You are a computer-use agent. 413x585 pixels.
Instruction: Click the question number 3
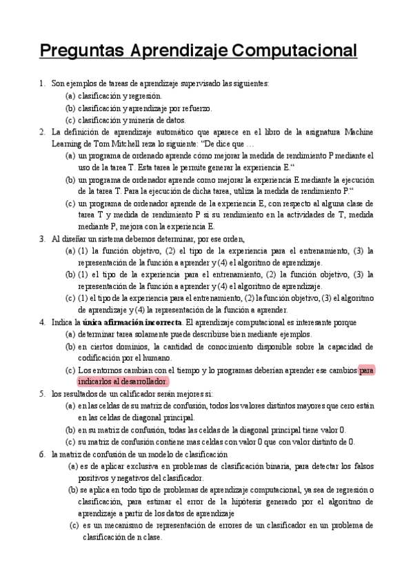(42, 239)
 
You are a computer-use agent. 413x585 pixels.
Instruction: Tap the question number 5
(42, 393)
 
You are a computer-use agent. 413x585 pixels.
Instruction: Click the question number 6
(42, 453)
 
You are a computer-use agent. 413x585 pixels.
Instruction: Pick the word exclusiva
(135, 466)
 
